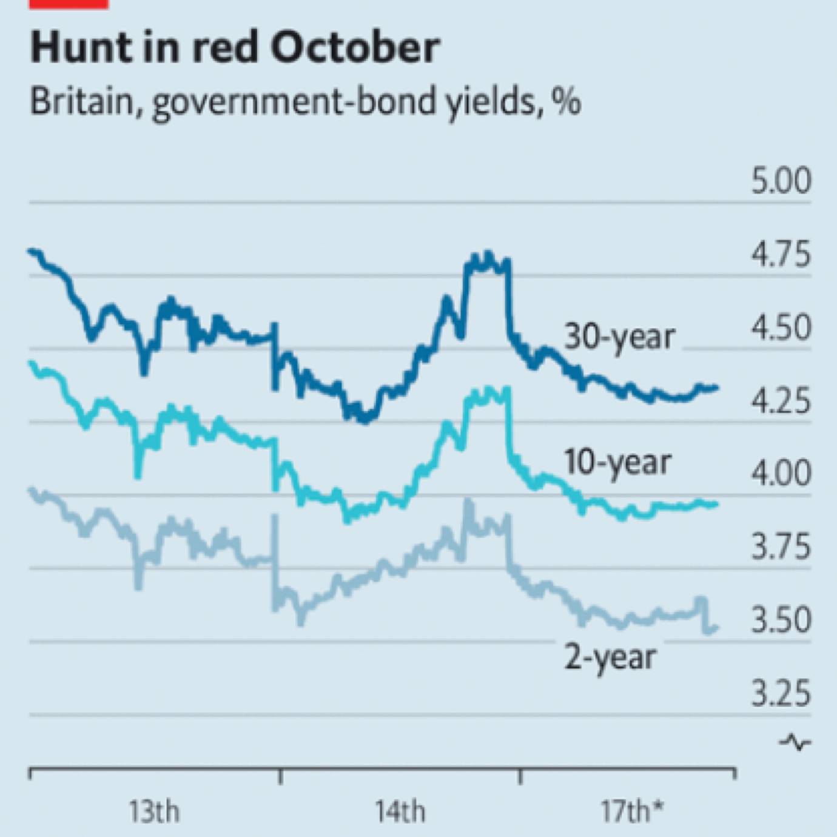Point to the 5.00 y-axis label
click(781, 181)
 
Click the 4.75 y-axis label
click(781, 254)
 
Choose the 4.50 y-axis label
click(781, 328)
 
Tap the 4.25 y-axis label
click(781, 401)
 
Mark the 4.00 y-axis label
click(781, 473)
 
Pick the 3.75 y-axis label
click(781, 546)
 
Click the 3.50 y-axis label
click(781, 620)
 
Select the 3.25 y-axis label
click(781, 693)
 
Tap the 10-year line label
click(617, 463)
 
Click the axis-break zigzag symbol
click(795, 742)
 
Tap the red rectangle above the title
click(69, 4)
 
